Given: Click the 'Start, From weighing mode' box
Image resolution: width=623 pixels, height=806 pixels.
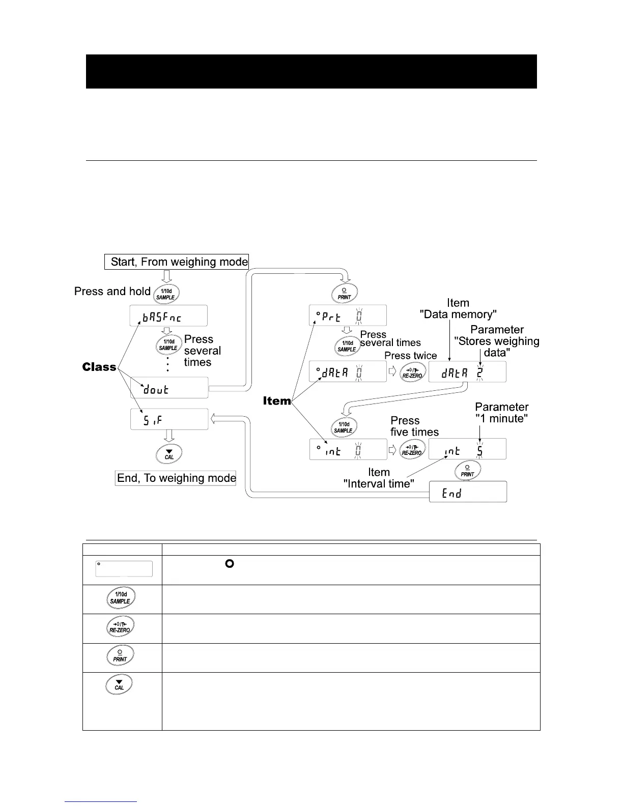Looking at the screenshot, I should pos(177,262).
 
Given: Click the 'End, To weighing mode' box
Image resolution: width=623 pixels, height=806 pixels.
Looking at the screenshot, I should pos(176,478).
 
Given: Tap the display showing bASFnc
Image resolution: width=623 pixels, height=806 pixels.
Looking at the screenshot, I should pos(168,316).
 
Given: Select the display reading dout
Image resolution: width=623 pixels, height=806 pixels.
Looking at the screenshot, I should pos(169,388).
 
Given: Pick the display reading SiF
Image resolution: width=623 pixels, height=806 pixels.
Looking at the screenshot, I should pos(169,419).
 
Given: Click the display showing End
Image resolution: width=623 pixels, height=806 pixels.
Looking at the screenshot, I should pos(468,492).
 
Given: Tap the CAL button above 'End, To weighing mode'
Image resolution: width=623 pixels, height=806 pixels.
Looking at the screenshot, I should pos(169,454).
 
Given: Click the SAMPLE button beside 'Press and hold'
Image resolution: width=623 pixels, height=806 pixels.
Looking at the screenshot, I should pos(166,294).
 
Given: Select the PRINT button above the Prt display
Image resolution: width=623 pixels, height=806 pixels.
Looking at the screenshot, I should pos(345,294).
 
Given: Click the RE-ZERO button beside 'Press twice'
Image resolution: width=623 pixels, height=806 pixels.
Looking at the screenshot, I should pos(412,372).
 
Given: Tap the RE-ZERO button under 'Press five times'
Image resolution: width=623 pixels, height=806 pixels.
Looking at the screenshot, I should pos(412,449).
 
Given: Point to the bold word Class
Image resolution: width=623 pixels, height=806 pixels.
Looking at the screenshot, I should pos(99,367).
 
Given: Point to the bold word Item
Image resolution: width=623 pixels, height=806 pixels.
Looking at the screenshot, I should pos(277,401).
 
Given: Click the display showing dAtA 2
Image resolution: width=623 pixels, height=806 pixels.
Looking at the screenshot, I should pos(467,372).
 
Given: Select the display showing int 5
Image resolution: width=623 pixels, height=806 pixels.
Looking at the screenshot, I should pos(467,449).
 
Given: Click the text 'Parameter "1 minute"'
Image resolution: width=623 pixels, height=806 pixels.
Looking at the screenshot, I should pos(501,413).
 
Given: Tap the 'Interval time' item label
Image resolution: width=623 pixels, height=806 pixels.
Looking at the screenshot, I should pos(379,478).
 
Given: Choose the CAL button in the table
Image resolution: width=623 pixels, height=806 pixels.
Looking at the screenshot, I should pos(119,684).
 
